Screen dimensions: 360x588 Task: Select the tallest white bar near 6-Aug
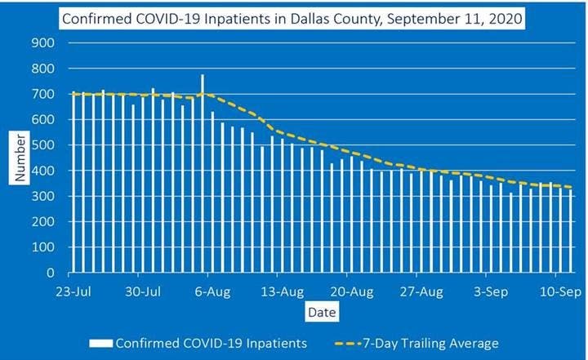coord(203,173)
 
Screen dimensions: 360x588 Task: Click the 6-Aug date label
coord(212,291)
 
